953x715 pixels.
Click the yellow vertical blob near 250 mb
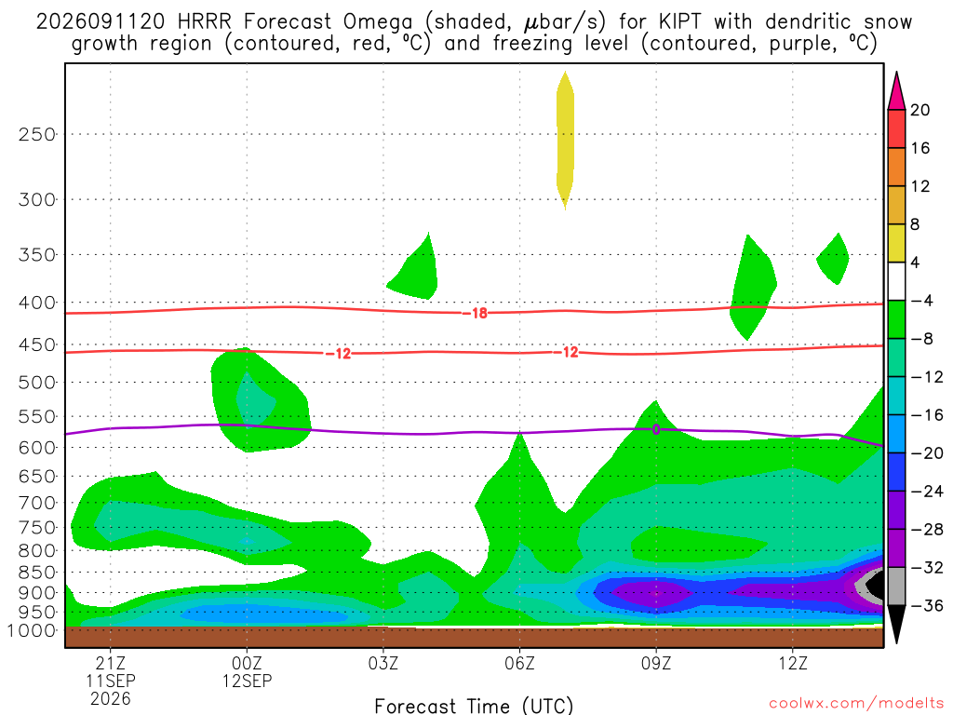coord(565,140)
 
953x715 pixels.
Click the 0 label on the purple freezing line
coord(656,429)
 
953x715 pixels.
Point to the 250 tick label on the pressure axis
coord(37,134)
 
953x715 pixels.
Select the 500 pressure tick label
coord(37,383)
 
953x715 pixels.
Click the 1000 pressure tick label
coord(31,630)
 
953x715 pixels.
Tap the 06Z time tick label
coord(519,663)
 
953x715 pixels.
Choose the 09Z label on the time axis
coord(656,663)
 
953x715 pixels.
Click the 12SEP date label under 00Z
coord(247,681)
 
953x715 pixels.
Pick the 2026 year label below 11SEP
coord(111,698)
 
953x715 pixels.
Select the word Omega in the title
coord(378,23)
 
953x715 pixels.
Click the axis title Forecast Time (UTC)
coord(474,706)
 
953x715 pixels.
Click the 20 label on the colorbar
coord(920,110)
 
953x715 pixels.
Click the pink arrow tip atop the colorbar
coord(896,73)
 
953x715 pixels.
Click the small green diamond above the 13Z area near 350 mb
coord(834,259)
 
